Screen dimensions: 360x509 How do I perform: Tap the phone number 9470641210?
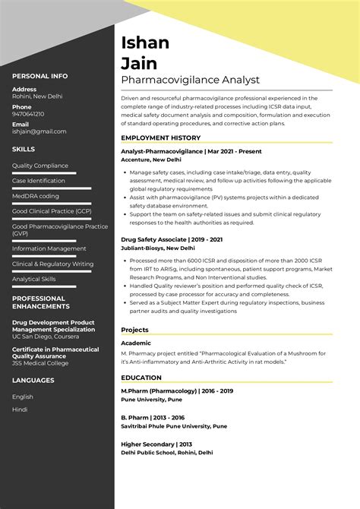click(x=28, y=114)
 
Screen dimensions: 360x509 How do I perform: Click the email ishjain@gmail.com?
click(x=39, y=131)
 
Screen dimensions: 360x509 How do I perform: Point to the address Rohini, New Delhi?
click(x=38, y=97)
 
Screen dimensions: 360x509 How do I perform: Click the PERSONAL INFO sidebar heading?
click(x=39, y=76)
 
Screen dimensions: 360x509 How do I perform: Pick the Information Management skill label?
click(x=49, y=248)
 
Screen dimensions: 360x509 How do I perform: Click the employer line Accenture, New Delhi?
click(x=156, y=160)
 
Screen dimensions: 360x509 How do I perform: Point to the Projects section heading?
click(x=135, y=330)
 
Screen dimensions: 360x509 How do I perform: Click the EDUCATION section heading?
click(x=143, y=378)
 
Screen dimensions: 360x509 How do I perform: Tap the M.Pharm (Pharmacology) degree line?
click(x=177, y=390)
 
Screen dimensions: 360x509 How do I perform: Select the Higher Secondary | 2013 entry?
click(x=156, y=444)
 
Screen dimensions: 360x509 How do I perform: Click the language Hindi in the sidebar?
click(x=20, y=409)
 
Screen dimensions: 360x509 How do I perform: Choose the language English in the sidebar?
click(x=23, y=397)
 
